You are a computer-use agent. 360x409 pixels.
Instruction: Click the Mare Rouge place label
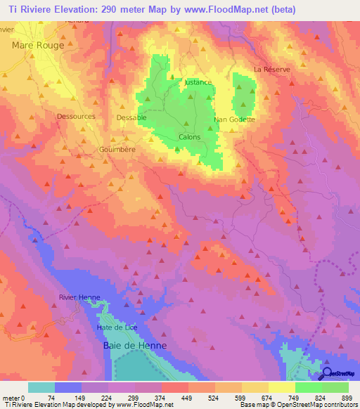click(x=38, y=45)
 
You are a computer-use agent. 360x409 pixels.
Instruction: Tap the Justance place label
click(x=198, y=82)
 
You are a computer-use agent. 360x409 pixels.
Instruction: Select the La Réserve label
click(x=271, y=70)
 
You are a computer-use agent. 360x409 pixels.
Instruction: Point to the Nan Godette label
click(x=234, y=119)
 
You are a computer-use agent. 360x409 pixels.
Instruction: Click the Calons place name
click(x=190, y=137)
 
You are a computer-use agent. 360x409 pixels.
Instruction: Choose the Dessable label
click(x=131, y=117)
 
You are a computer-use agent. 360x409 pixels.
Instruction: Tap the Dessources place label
click(x=76, y=117)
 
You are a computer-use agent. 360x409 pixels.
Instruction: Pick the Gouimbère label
click(x=117, y=150)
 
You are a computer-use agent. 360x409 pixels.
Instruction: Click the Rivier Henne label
click(x=79, y=297)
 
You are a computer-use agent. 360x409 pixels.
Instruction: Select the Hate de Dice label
click(x=117, y=328)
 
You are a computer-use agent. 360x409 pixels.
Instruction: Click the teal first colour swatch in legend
click(x=41, y=387)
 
